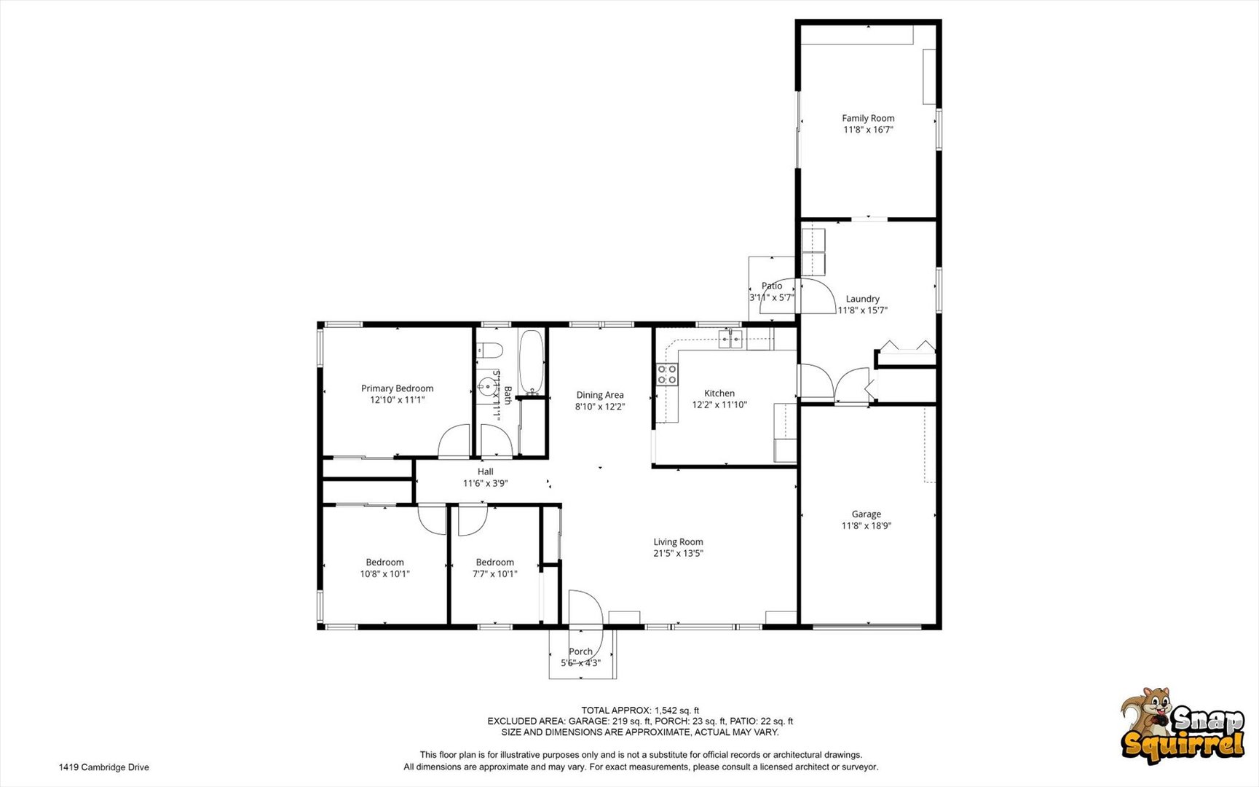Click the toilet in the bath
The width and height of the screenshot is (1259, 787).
pyautogui.click(x=490, y=351)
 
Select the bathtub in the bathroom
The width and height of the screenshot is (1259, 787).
pyautogui.click(x=532, y=363)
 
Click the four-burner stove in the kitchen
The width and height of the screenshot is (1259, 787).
pyautogui.click(x=667, y=375)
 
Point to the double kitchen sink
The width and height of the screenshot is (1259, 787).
pyautogui.click(x=730, y=338)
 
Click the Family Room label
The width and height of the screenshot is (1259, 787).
pyautogui.click(x=868, y=118)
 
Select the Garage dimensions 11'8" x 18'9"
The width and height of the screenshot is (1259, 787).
pyautogui.click(x=867, y=525)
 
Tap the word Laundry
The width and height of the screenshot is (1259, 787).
pyautogui.click(x=863, y=299)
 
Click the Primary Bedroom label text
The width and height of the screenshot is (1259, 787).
pyautogui.click(x=398, y=388)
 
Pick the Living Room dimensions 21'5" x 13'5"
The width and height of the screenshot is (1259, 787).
pyautogui.click(x=678, y=553)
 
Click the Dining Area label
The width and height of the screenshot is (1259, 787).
pyautogui.click(x=600, y=395)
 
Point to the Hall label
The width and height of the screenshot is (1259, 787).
pyautogui.click(x=486, y=471)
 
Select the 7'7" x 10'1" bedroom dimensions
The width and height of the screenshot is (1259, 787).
pyautogui.click(x=495, y=573)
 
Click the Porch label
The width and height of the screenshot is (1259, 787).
pyautogui.click(x=581, y=651)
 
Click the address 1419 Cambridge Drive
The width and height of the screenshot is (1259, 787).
pyautogui.click(x=104, y=767)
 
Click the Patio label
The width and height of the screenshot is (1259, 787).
pyautogui.click(x=772, y=286)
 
